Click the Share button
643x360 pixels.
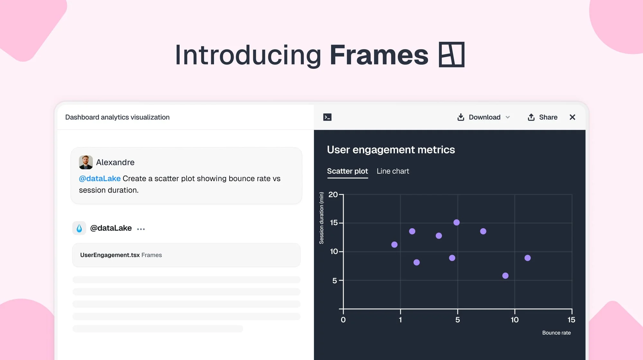point(542,117)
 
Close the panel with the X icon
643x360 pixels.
point(572,117)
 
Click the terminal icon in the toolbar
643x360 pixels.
point(327,117)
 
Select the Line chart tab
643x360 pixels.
point(393,171)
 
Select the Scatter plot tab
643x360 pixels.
point(347,171)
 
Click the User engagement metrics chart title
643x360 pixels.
point(391,150)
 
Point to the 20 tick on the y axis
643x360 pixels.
point(333,194)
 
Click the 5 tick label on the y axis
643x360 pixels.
point(334,281)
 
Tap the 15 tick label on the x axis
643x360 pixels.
point(571,320)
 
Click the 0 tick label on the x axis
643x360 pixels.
point(343,320)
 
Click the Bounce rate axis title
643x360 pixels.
point(556,333)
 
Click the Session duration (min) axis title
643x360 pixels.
point(321,218)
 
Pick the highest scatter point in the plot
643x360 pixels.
point(457,222)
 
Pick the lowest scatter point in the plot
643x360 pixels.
point(505,276)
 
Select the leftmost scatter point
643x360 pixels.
point(394,245)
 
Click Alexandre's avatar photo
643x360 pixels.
point(86,162)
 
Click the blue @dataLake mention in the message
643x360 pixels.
point(100,179)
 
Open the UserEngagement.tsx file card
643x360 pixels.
point(186,255)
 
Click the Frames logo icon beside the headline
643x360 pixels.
point(451,55)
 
